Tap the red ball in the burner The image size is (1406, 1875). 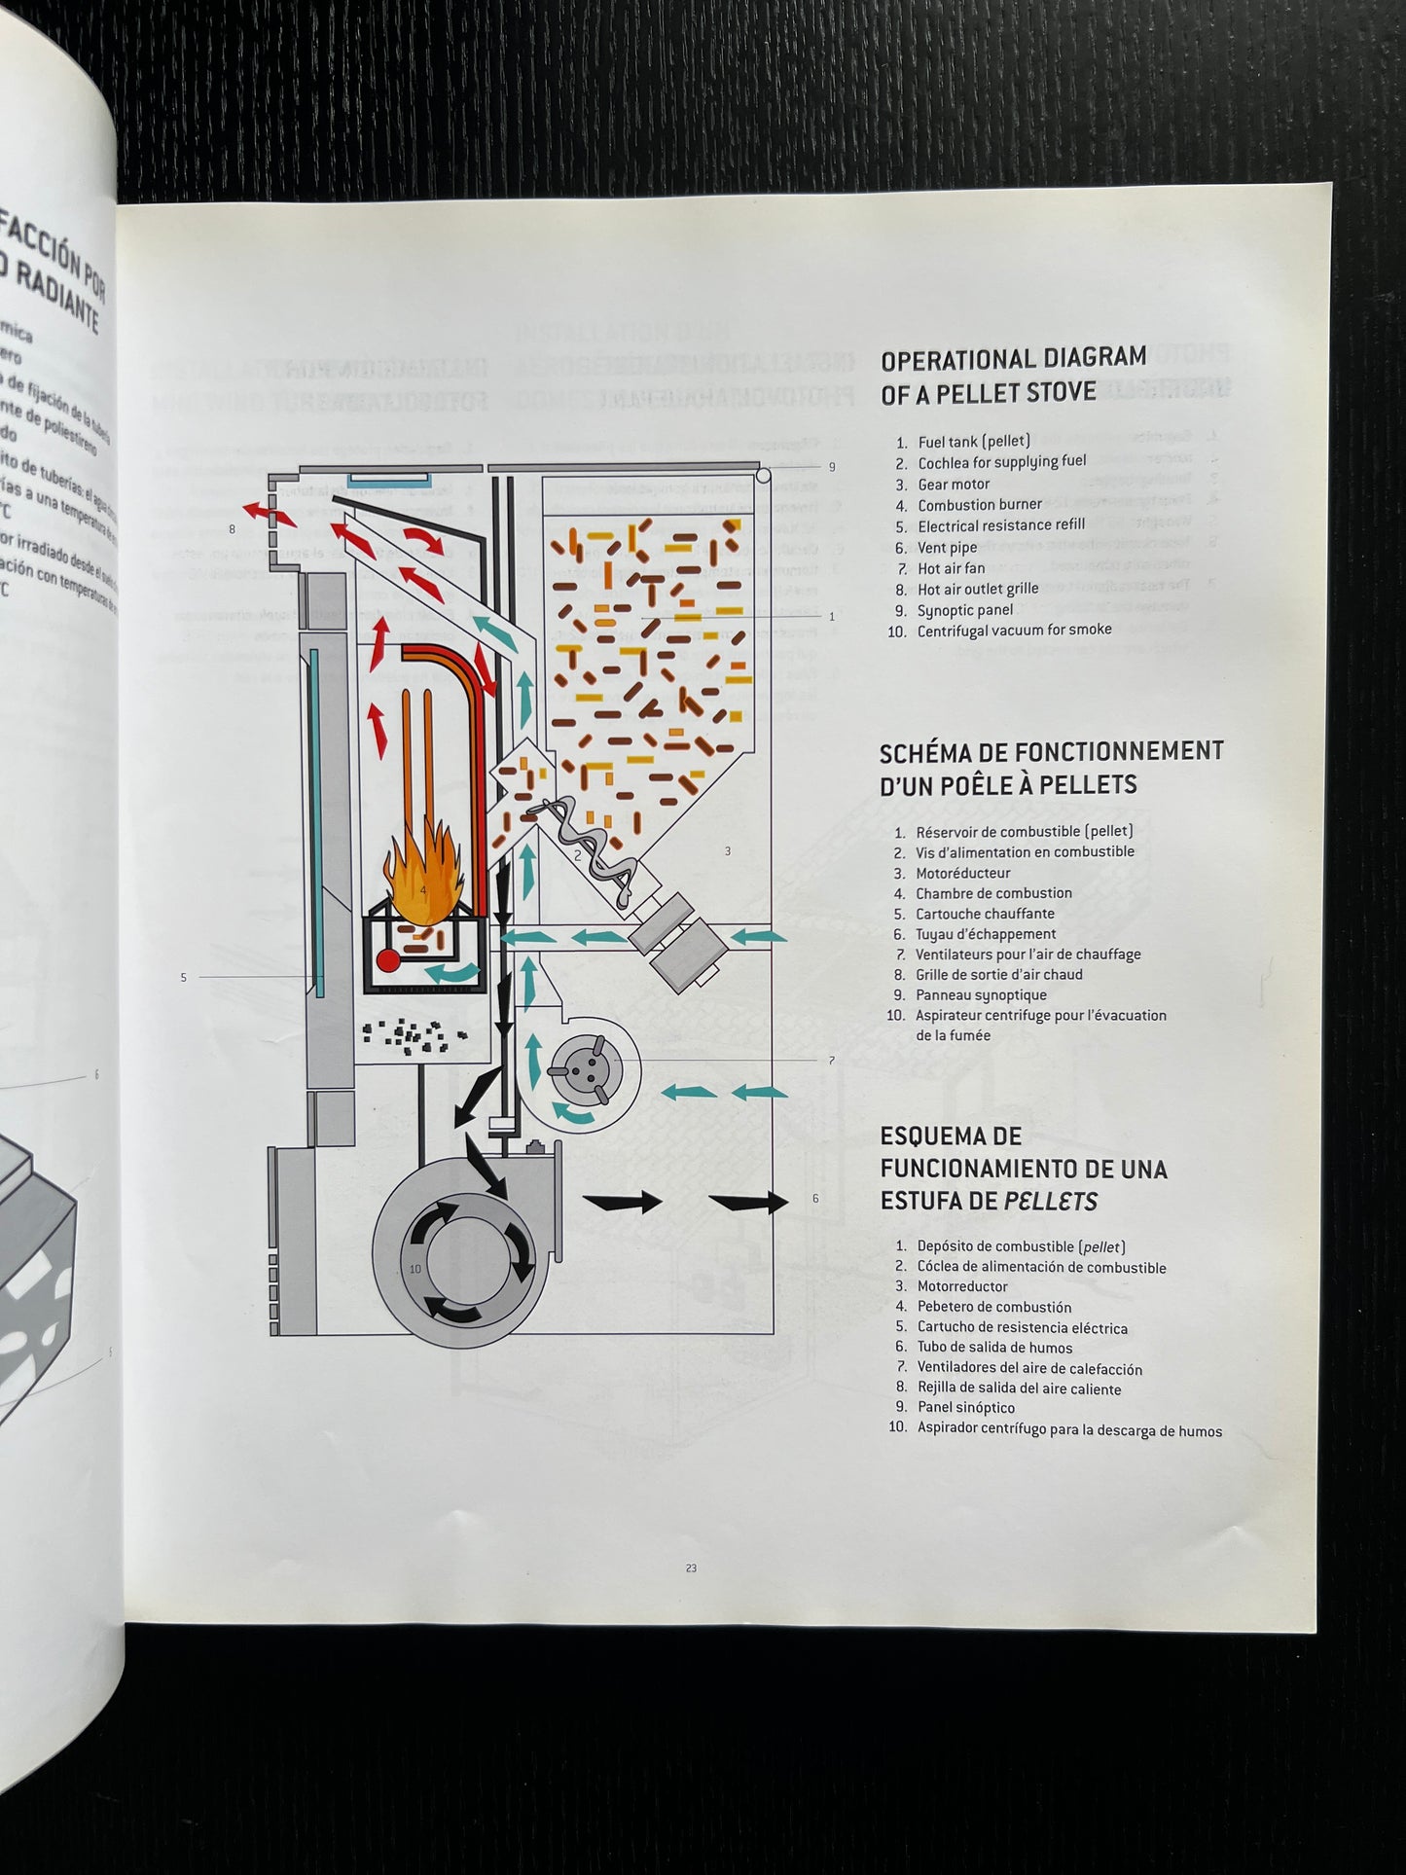[388, 958]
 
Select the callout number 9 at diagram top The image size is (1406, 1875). [832, 467]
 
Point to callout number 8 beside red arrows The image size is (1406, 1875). [232, 529]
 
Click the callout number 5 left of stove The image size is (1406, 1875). [183, 977]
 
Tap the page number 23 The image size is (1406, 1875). [691, 1568]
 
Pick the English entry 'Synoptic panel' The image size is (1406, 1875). [964, 610]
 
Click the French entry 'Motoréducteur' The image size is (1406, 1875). [962, 873]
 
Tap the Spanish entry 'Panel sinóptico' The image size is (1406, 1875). [965, 1407]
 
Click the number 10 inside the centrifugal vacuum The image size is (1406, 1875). [415, 1269]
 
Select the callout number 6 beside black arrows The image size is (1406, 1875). [815, 1199]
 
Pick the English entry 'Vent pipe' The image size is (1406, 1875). [947, 548]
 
